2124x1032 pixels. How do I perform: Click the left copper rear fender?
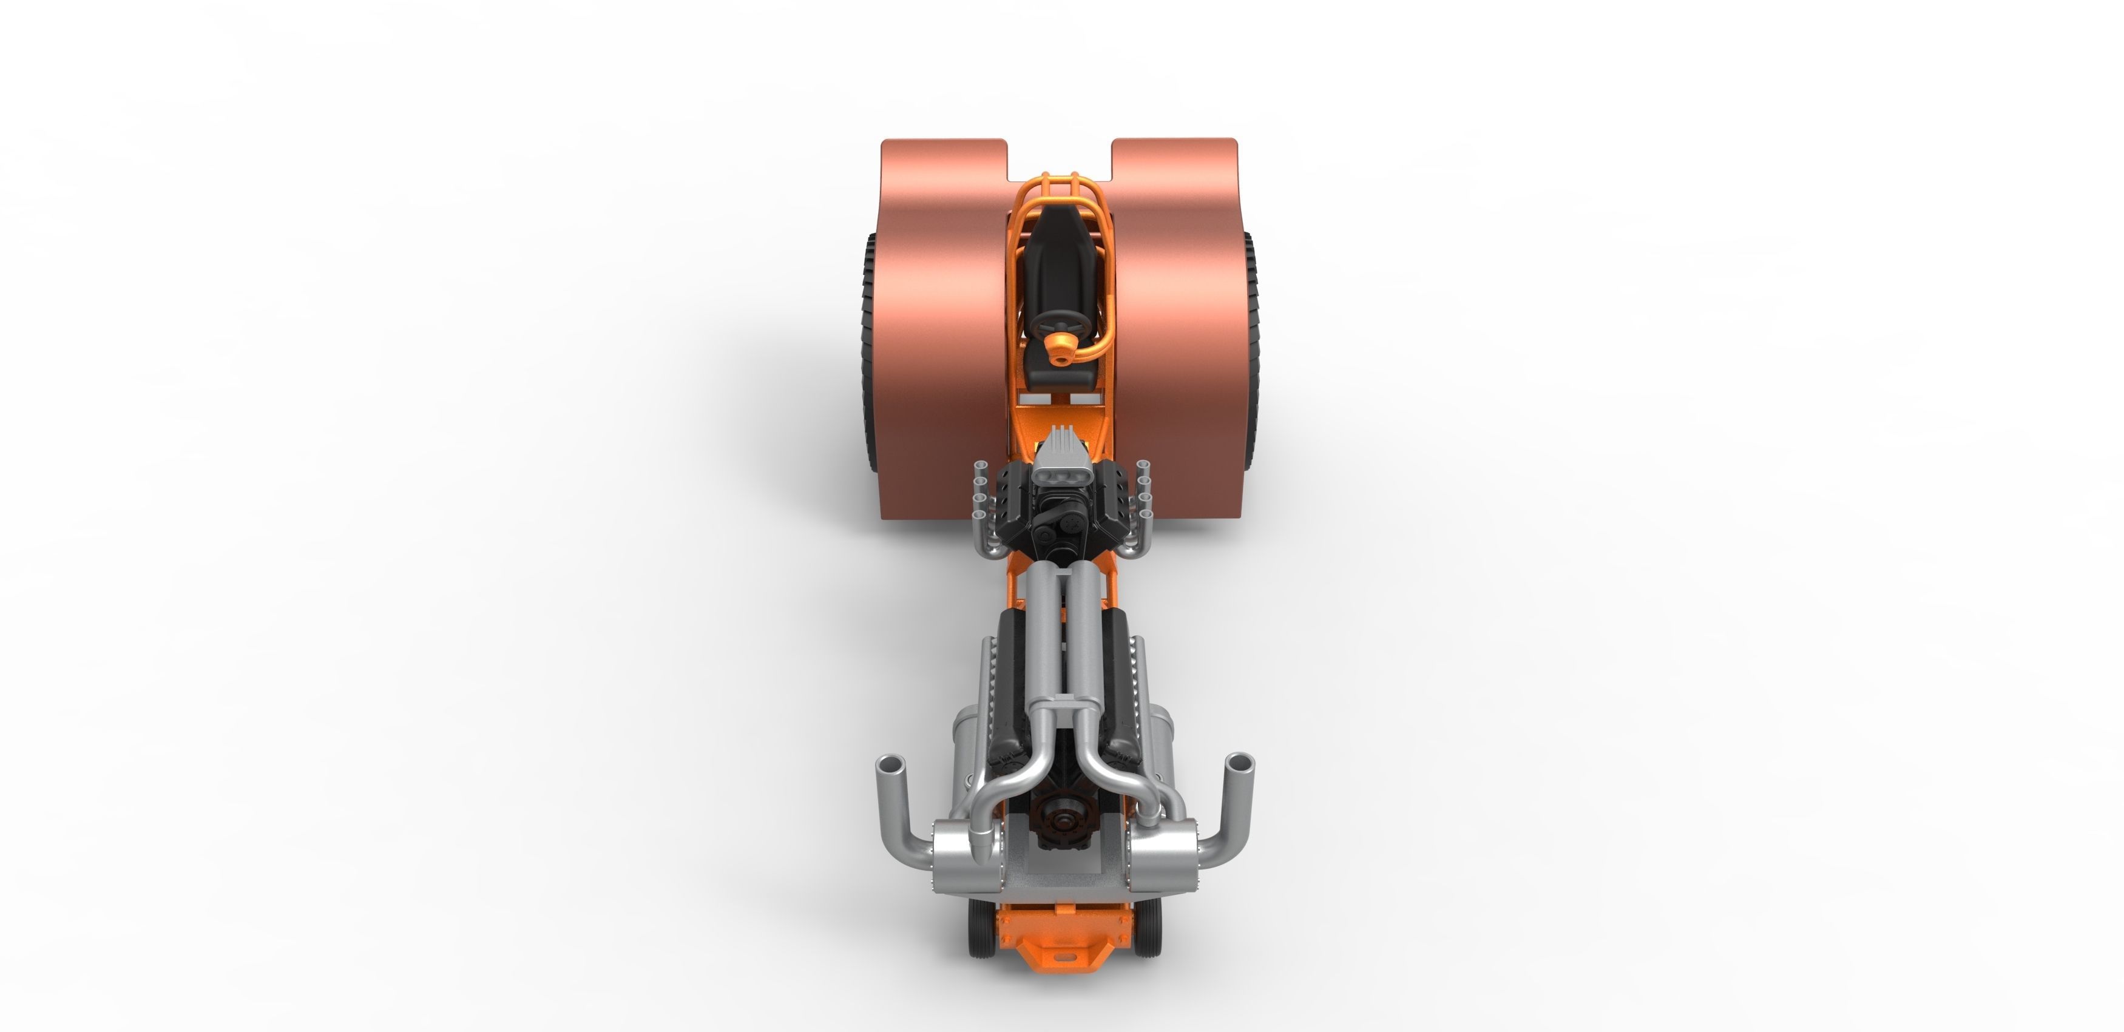(x=940, y=329)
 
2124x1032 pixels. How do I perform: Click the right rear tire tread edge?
(x=1251, y=346)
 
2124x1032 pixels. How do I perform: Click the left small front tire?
(x=980, y=926)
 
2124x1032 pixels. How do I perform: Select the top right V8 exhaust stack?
(x=1142, y=467)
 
